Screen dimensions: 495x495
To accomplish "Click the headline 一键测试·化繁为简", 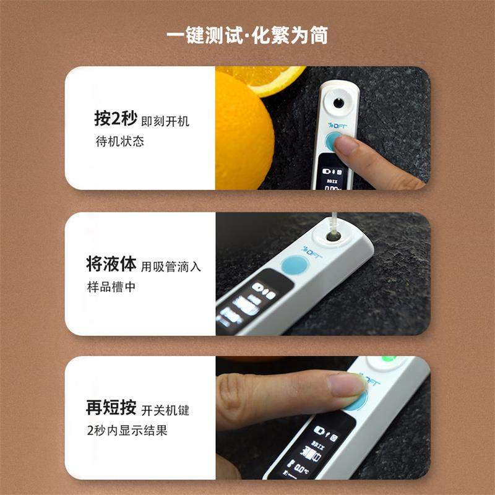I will [x=247, y=35].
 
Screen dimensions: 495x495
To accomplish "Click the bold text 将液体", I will [x=111, y=265].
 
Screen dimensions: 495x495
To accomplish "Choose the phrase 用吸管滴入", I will [x=171, y=267].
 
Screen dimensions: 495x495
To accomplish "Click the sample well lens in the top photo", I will [x=339, y=101].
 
